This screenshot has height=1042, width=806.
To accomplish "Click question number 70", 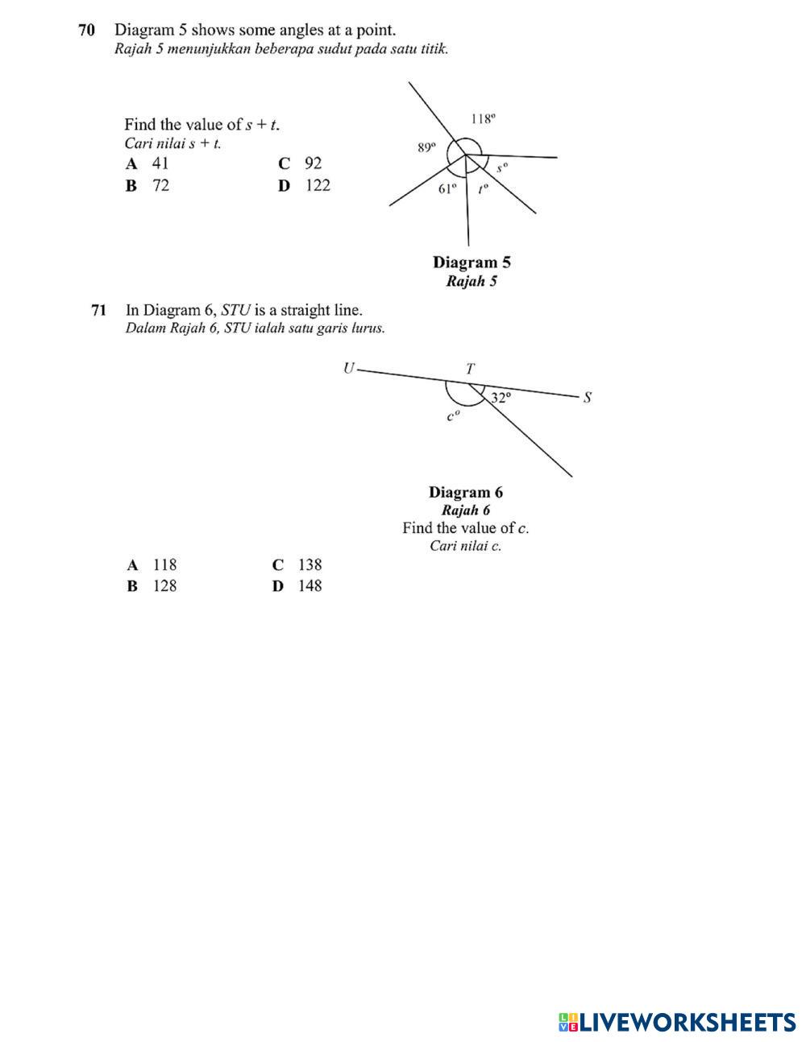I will pos(86,31).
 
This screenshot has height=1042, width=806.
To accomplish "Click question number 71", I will pos(99,310).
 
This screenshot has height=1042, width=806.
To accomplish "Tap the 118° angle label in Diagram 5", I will pos(483,119).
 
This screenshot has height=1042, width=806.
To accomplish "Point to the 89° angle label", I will pos(426,147).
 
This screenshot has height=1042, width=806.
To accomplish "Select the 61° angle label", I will pos(447,189).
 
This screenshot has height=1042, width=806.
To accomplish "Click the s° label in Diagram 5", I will pos(502,168).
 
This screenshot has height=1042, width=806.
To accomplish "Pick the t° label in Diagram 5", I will pos(483,190).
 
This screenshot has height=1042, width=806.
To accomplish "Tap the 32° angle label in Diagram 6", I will pos(501,398).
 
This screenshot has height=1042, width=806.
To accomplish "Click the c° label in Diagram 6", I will pos(454,416).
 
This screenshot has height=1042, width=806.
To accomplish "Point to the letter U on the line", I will pos(348,369).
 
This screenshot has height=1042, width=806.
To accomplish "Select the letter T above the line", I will pos(471,369).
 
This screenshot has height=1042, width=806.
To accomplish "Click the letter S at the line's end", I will pos(588,397).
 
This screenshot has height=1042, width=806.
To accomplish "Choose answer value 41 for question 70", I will pos(160,163).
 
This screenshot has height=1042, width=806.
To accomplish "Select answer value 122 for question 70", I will pos(318,185).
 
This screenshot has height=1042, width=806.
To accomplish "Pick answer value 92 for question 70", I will pos(313,163).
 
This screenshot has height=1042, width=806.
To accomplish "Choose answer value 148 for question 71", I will pos(310,586).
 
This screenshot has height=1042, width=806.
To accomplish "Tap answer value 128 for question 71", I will pos(164,586).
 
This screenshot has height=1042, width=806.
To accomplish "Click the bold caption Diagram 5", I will pos(472,263).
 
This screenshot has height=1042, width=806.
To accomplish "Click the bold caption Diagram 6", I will pos(465,492).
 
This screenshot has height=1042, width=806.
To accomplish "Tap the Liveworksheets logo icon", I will pos(568,1023).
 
